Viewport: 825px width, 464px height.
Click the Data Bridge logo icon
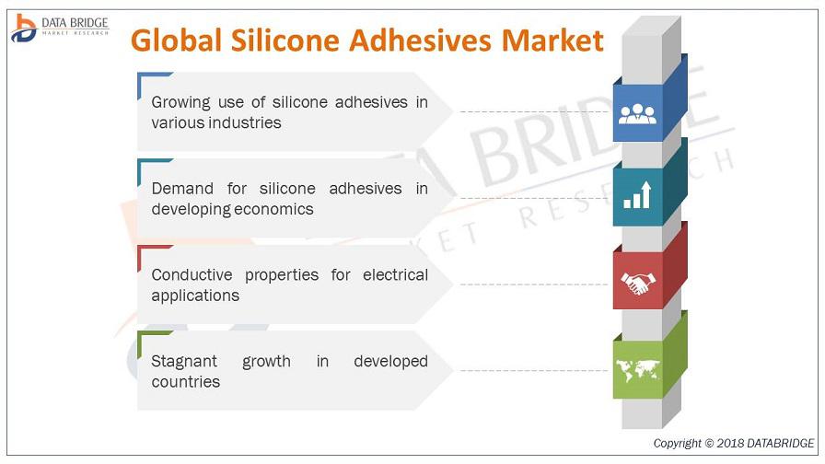pyautogui.click(x=24, y=29)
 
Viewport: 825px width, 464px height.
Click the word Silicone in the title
pyautogui.click(x=285, y=41)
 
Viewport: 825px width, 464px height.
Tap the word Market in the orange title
pyautogui.click(x=552, y=41)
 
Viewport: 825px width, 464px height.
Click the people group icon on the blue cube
pyautogui.click(x=637, y=113)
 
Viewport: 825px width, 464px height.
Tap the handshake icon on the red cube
pyautogui.click(x=638, y=283)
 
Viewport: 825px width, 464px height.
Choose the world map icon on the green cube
pyautogui.click(x=638, y=370)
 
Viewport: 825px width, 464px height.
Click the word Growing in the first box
pyautogui.click(x=181, y=102)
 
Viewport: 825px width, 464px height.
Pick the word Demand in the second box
pyautogui.click(x=182, y=189)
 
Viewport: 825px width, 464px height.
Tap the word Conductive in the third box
pyautogui.click(x=192, y=274)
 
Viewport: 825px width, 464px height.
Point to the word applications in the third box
pyautogui.click(x=195, y=296)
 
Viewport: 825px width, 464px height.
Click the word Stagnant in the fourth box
pyautogui.click(x=184, y=362)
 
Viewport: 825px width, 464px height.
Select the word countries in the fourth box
pyautogui.click(x=186, y=382)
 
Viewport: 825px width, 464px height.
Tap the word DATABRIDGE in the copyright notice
pyautogui.click(x=780, y=444)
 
